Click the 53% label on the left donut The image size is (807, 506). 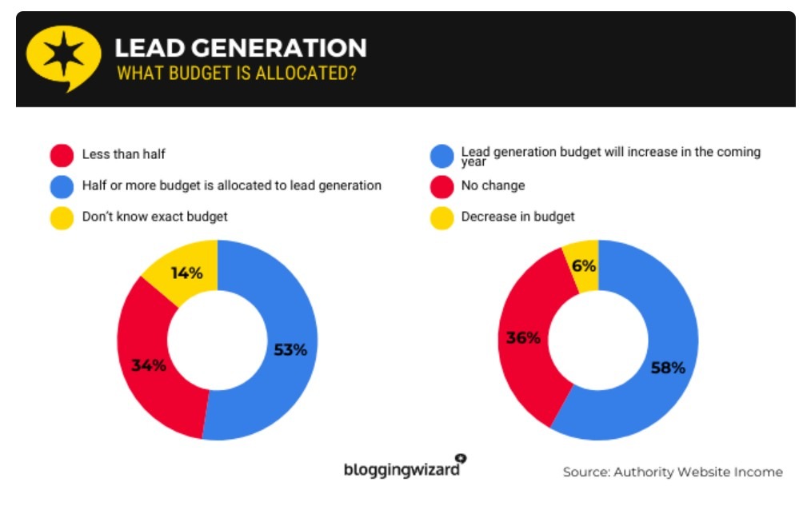tap(289, 349)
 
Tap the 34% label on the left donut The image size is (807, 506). tap(149, 365)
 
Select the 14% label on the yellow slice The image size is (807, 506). tap(186, 273)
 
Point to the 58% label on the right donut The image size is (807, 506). tap(668, 368)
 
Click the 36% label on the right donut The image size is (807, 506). tap(523, 337)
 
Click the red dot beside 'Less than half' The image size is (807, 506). tap(62, 154)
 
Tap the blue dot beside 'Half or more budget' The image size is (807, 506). tap(62, 185)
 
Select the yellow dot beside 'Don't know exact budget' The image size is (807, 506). tap(62, 217)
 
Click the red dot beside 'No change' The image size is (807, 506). tap(441, 185)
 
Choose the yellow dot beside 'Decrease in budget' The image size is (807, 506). tap(441, 217)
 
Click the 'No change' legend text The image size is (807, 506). tap(493, 185)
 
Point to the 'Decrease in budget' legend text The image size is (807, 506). tap(517, 217)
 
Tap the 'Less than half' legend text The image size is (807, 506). tap(124, 154)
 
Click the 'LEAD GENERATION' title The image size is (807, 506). tap(240, 48)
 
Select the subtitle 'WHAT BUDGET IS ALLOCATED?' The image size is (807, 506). tap(236, 74)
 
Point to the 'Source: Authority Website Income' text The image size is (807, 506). tap(672, 472)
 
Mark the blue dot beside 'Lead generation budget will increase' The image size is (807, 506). tap(441, 155)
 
